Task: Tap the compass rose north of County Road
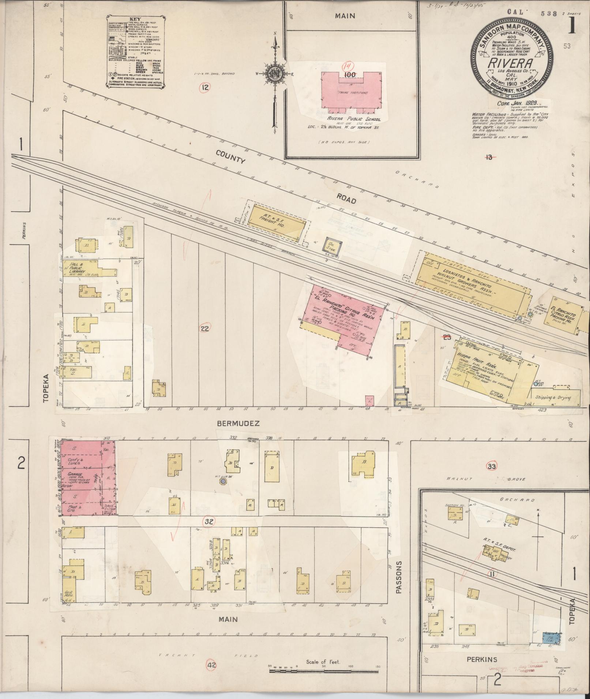[x=274, y=73]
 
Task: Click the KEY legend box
[x=135, y=51]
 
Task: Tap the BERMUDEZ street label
[x=238, y=423]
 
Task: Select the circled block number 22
[x=204, y=328]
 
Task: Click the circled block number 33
[x=492, y=466]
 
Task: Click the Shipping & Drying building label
[x=553, y=398]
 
